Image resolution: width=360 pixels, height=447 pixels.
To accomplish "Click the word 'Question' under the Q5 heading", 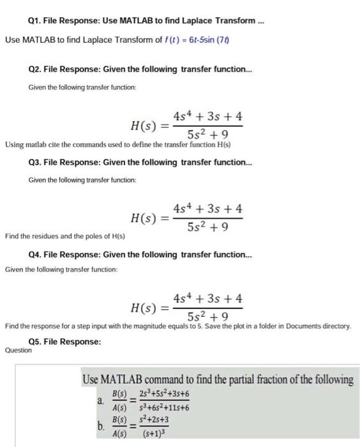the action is click(x=18, y=350).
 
